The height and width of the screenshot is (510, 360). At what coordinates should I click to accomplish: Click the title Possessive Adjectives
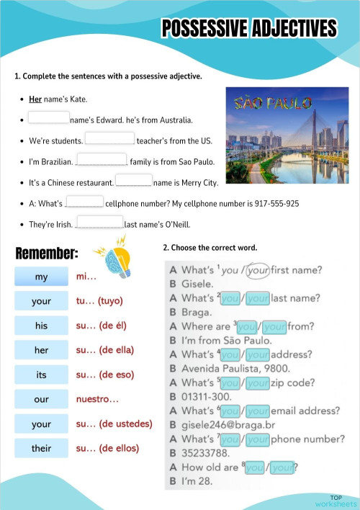point(249,29)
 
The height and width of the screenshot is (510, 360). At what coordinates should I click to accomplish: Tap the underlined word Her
point(35,99)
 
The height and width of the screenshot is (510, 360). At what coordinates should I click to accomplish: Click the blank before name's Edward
point(49,117)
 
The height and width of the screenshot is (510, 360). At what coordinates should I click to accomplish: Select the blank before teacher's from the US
point(109,138)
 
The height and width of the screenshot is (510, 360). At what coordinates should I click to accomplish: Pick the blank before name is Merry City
point(134,181)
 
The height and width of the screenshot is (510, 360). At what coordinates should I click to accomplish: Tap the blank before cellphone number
point(84,202)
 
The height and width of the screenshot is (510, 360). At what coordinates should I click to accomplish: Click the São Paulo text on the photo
point(273,103)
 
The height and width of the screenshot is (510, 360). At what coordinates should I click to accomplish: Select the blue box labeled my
point(41,277)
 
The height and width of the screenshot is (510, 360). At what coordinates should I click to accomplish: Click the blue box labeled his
point(41,326)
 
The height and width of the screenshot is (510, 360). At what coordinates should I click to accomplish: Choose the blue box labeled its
point(41,375)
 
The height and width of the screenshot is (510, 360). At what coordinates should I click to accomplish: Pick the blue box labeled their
point(41,449)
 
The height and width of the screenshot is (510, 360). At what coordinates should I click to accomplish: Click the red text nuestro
point(97,399)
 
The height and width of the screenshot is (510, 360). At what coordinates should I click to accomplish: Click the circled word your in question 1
point(257,271)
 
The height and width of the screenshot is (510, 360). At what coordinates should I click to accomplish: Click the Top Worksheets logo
point(335,501)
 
